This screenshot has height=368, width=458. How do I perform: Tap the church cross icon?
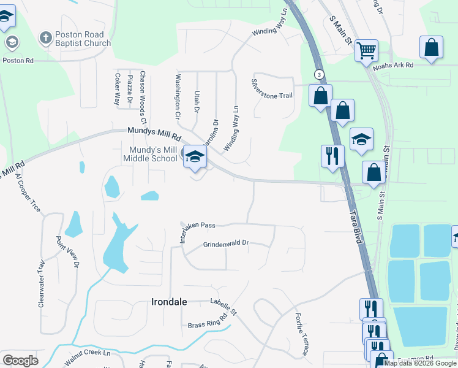coord(45,39)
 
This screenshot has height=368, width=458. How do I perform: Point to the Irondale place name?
coord(169,302)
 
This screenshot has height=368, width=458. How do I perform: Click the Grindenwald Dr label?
coord(226,244)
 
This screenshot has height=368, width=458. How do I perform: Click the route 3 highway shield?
coord(319,74)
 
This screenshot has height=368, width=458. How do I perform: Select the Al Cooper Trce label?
coord(28,193)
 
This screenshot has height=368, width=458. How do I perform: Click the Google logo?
coord(20,361)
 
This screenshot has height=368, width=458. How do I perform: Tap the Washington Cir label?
coord(178,96)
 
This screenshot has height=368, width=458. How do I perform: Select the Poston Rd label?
coord(18,61)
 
